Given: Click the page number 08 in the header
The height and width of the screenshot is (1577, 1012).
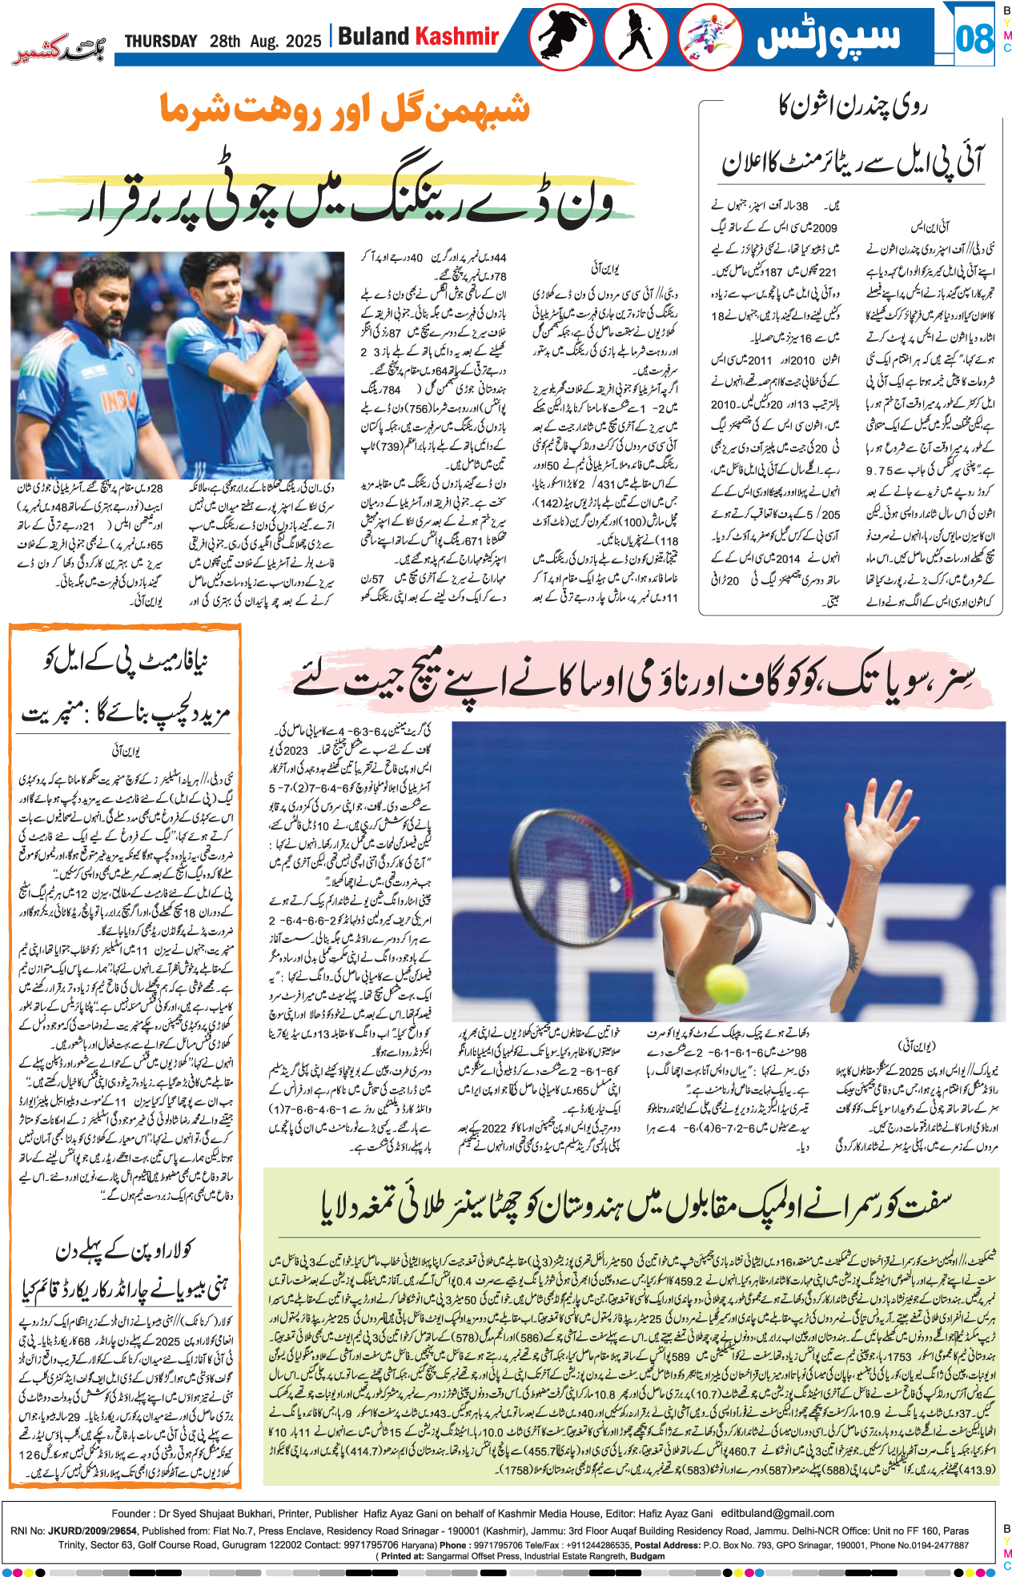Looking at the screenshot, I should click(974, 38).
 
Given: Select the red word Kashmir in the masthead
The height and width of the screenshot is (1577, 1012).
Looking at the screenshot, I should click(457, 37).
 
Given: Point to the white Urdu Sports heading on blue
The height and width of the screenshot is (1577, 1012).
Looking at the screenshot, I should click(828, 37).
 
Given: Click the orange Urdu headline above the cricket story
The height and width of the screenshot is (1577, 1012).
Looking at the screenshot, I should click(344, 110).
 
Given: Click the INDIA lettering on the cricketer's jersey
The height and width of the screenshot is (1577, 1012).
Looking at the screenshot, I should click(118, 398).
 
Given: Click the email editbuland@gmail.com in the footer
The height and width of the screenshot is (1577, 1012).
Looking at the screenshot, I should click(777, 1513).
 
